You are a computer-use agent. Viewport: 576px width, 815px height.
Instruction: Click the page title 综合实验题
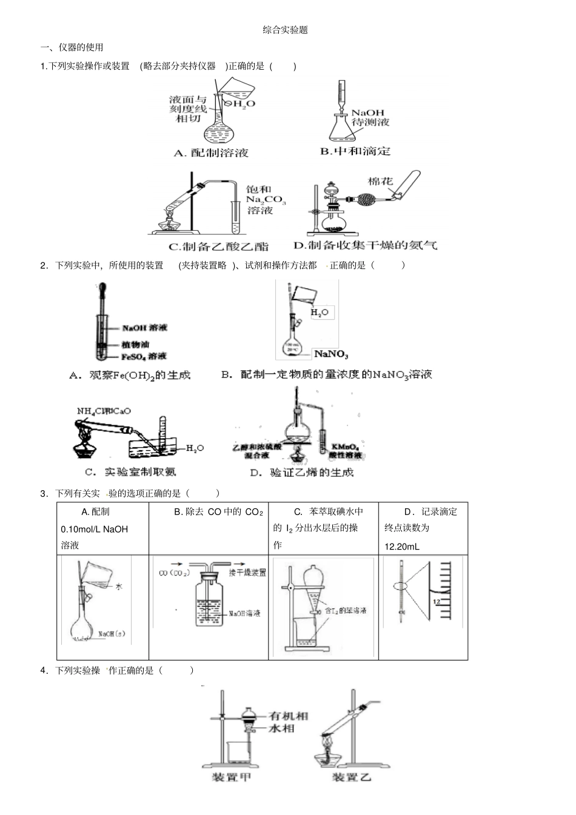(285, 30)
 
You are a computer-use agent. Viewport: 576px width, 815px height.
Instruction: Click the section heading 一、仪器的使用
(72, 47)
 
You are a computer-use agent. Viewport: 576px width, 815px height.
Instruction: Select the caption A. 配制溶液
(211, 153)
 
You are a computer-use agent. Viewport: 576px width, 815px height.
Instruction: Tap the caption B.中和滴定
(355, 151)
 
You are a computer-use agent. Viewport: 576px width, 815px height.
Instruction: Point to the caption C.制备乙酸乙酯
(218, 247)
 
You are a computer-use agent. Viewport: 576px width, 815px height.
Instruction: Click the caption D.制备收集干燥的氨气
(364, 245)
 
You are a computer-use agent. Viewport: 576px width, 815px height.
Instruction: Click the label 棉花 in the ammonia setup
(380, 181)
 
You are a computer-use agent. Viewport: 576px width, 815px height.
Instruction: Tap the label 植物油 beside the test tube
(135, 344)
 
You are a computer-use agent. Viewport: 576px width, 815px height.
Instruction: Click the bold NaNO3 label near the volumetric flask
(331, 354)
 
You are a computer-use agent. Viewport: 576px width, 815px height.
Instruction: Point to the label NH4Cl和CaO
(104, 411)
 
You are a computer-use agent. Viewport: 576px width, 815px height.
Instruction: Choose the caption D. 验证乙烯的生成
(301, 473)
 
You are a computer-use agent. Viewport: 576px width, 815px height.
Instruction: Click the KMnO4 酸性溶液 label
(346, 451)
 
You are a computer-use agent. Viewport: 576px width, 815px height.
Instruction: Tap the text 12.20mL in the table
(401, 547)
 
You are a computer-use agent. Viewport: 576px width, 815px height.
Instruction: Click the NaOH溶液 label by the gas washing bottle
(244, 614)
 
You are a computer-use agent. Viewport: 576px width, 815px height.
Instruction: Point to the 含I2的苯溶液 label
(346, 610)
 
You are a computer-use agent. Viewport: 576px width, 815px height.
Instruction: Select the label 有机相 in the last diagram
(289, 716)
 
